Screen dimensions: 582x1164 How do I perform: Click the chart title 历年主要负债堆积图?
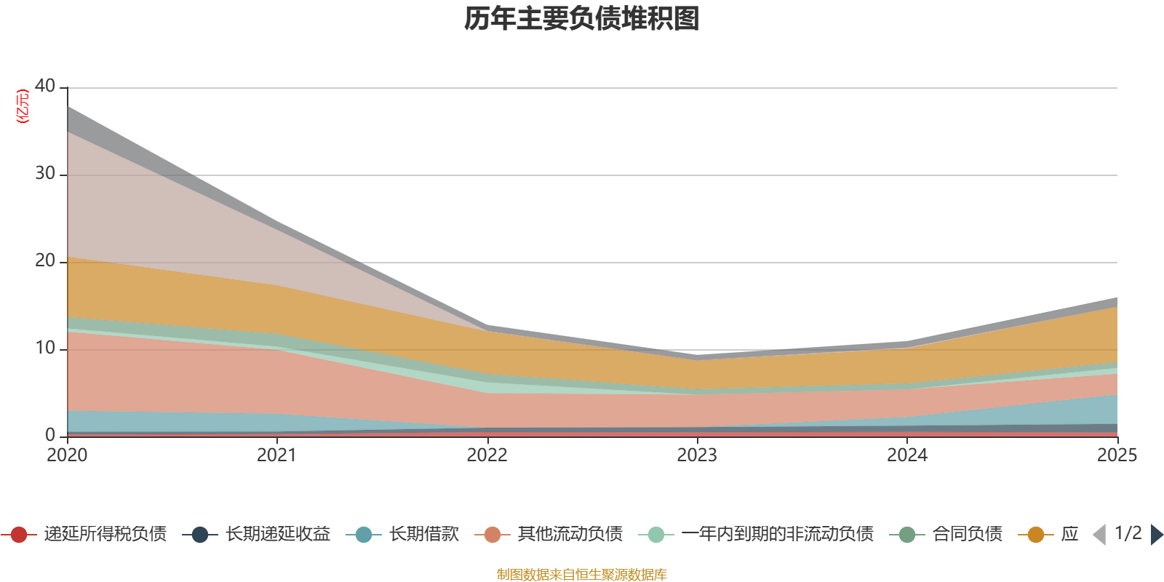[x=582, y=19]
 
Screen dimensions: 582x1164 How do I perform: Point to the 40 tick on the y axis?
[x=45, y=87]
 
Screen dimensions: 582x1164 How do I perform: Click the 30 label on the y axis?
[x=45, y=174]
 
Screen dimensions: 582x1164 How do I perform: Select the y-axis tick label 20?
[x=45, y=261]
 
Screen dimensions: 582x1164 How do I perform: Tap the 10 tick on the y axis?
[x=45, y=348]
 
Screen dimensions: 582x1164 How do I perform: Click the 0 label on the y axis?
[x=50, y=435]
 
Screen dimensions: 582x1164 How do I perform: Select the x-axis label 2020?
[x=67, y=455]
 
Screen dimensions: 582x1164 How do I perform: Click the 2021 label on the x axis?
[x=277, y=455]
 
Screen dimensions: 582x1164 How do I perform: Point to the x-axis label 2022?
[x=487, y=455]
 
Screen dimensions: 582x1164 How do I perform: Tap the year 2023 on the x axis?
[x=697, y=455]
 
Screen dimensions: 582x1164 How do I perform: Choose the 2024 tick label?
[x=906, y=455]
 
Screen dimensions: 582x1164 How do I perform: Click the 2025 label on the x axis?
[x=1117, y=455]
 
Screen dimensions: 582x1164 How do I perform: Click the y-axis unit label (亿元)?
[x=23, y=106]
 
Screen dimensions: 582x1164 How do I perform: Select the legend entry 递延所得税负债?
[x=105, y=535]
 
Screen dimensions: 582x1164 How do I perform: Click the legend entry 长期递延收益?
[x=277, y=535]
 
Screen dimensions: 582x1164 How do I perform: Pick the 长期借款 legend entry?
[x=423, y=535]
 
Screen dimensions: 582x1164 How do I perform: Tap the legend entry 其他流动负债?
[x=570, y=535]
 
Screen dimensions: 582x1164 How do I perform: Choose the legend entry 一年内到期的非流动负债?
[x=777, y=535]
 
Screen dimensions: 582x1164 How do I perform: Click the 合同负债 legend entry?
[x=967, y=535]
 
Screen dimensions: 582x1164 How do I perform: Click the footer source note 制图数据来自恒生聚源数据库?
[x=582, y=575]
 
